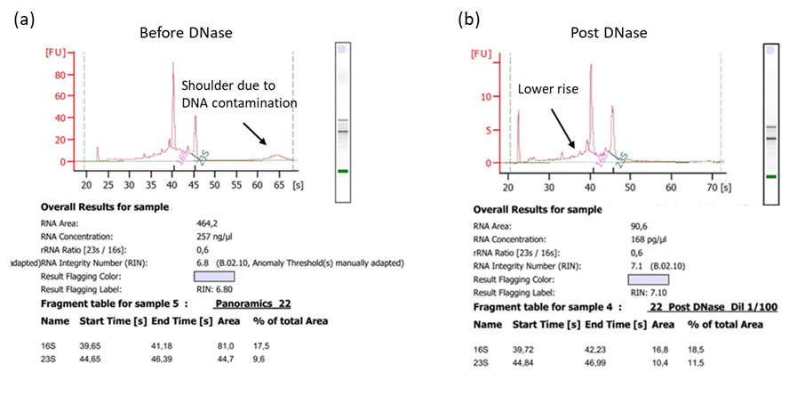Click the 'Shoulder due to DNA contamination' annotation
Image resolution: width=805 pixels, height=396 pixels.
pos(238,94)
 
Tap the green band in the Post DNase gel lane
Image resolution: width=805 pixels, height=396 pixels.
pos(771,177)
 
